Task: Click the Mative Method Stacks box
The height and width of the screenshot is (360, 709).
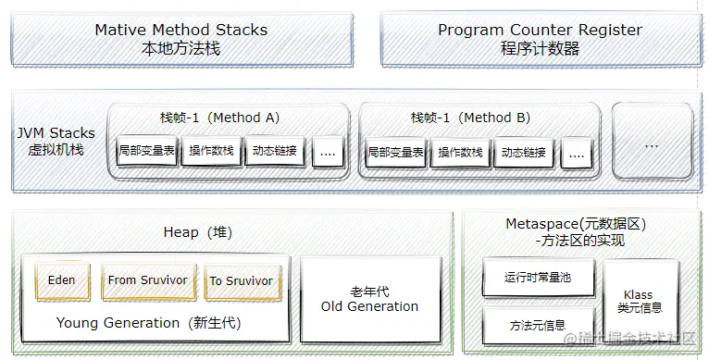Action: [x=181, y=39]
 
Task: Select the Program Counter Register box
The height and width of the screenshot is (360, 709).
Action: [x=540, y=39]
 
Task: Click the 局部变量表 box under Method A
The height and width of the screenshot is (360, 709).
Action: [x=147, y=151]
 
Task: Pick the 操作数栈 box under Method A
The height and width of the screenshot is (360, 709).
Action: [x=210, y=151]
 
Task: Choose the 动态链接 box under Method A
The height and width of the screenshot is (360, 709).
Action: [x=274, y=151]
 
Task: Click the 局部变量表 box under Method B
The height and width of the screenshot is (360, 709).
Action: [x=396, y=152]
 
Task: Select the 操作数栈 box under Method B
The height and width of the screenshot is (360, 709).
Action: [x=460, y=152]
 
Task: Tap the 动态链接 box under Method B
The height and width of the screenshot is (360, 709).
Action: [x=524, y=152]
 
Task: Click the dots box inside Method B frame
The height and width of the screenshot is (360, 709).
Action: [x=576, y=152]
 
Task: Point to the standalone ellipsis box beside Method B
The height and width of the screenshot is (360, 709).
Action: [x=652, y=143]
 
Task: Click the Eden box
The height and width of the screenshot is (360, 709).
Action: [x=62, y=280]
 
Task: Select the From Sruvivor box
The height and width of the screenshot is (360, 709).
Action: [x=147, y=280]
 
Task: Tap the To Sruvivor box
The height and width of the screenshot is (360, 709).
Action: [x=241, y=280]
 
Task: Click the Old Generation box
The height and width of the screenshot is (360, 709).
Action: [x=369, y=298]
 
